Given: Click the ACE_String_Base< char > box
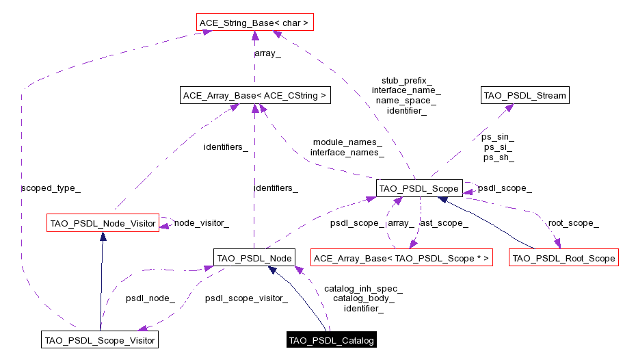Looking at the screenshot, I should [x=254, y=23].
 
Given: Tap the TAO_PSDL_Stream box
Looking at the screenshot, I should [x=525, y=96].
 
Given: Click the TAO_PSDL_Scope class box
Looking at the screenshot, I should [x=419, y=188].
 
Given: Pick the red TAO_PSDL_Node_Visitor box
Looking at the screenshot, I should [x=103, y=223].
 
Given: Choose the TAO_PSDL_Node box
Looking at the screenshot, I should [x=254, y=258].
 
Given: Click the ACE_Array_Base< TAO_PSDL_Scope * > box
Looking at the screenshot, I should [x=401, y=258].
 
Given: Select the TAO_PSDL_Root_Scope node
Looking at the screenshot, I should [x=564, y=258].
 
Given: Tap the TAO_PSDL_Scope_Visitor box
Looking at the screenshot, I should [x=100, y=339].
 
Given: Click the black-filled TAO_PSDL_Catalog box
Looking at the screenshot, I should [x=332, y=340].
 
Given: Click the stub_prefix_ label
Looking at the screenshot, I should [x=406, y=80].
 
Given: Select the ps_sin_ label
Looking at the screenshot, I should [x=498, y=137].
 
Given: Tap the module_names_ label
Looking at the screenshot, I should [x=347, y=142].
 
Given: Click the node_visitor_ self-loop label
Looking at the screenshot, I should [x=201, y=222].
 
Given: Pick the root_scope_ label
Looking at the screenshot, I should [x=573, y=223].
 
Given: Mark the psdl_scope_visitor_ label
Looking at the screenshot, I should [x=246, y=298].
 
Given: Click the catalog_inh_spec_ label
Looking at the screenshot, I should [x=363, y=289].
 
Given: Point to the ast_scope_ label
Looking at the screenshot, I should [x=444, y=223].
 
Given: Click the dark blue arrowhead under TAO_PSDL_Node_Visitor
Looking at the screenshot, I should [x=103, y=237].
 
